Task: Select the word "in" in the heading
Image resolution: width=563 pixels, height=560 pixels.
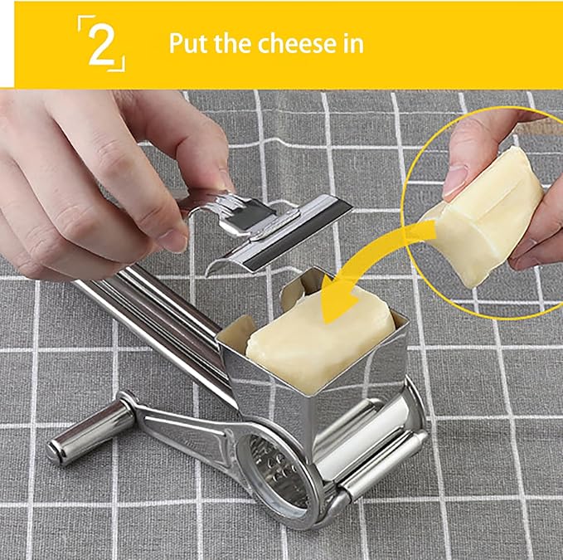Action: point(354,43)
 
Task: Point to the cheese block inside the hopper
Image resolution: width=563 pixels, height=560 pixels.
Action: point(315,332)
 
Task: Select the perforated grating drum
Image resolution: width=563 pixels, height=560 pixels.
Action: point(278,473)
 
